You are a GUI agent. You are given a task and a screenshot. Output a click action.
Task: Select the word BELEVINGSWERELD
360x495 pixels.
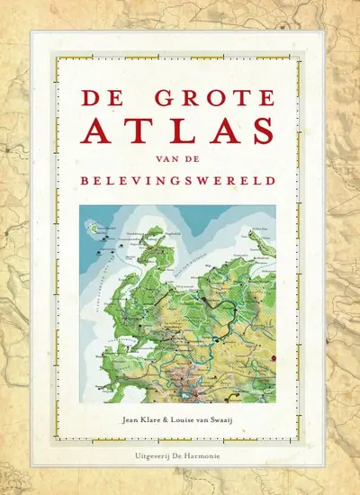point(180,181)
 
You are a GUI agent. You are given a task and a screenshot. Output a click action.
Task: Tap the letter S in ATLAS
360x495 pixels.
point(257,128)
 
